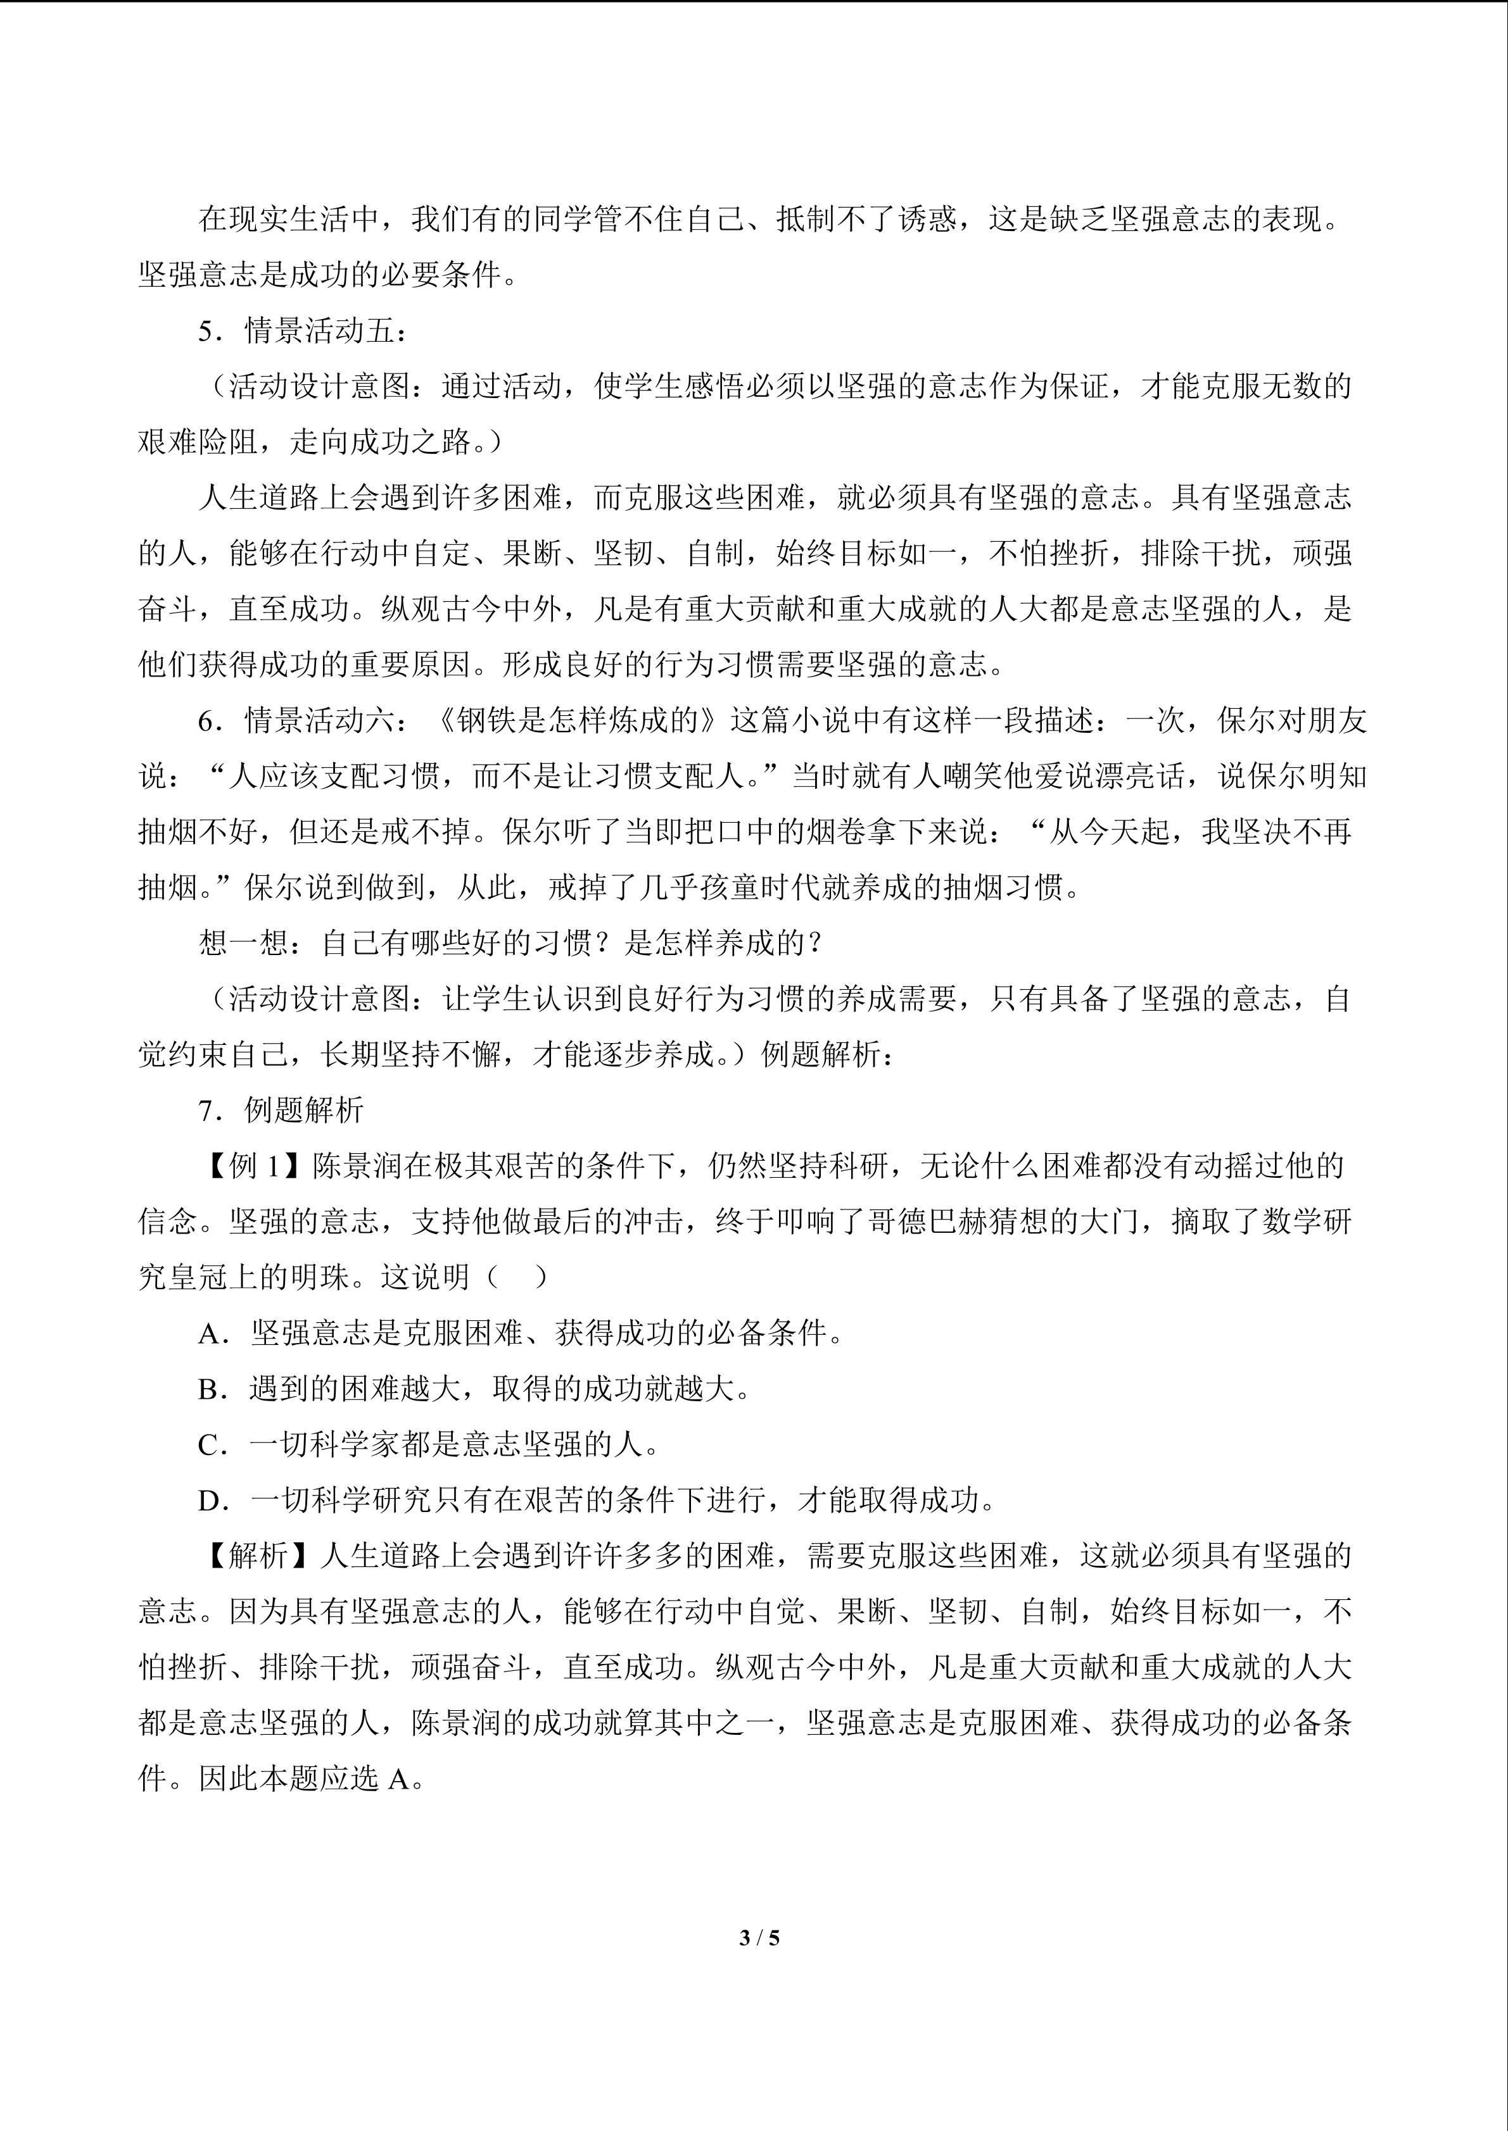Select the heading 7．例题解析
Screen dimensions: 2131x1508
pyautogui.click(x=281, y=1110)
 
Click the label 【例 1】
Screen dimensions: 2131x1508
pyautogui.click(x=253, y=1166)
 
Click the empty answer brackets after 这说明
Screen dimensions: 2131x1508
pyautogui.click(x=517, y=1277)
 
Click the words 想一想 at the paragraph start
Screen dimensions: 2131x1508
pyautogui.click(x=243, y=943)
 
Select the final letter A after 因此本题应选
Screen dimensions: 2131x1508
pyautogui.click(x=398, y=1779)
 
